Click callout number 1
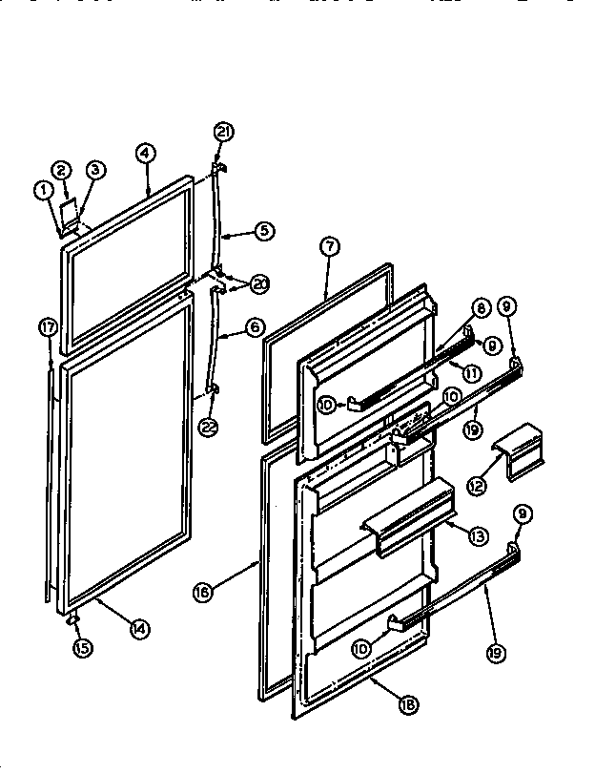click(x=43, y=190)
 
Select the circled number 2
click(x=60, y=171)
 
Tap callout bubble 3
click(x=95, y=171)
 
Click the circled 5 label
click(x=264, y=230)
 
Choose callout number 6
click(x=254, y=325)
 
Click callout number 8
click(x=480, y=308)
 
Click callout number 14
click(x=139, y=628)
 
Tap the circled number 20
click(x=259, y=282)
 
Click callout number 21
click(x=222, y=134)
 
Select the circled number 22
click(x=209, y=427)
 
